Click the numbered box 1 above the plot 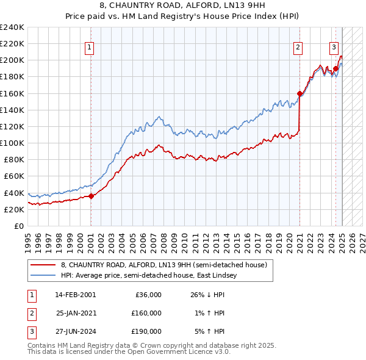coord(90,48)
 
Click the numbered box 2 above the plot coord(298,48)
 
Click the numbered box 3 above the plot coord(334,48)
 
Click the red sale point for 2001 coord(91,196)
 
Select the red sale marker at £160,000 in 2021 coord(300,93)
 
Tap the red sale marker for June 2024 coord(335,68)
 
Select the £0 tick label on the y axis coord(20,226)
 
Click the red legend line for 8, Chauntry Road coord(44,265)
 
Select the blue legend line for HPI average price coord(44,276)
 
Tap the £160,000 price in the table coord(146,313)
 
